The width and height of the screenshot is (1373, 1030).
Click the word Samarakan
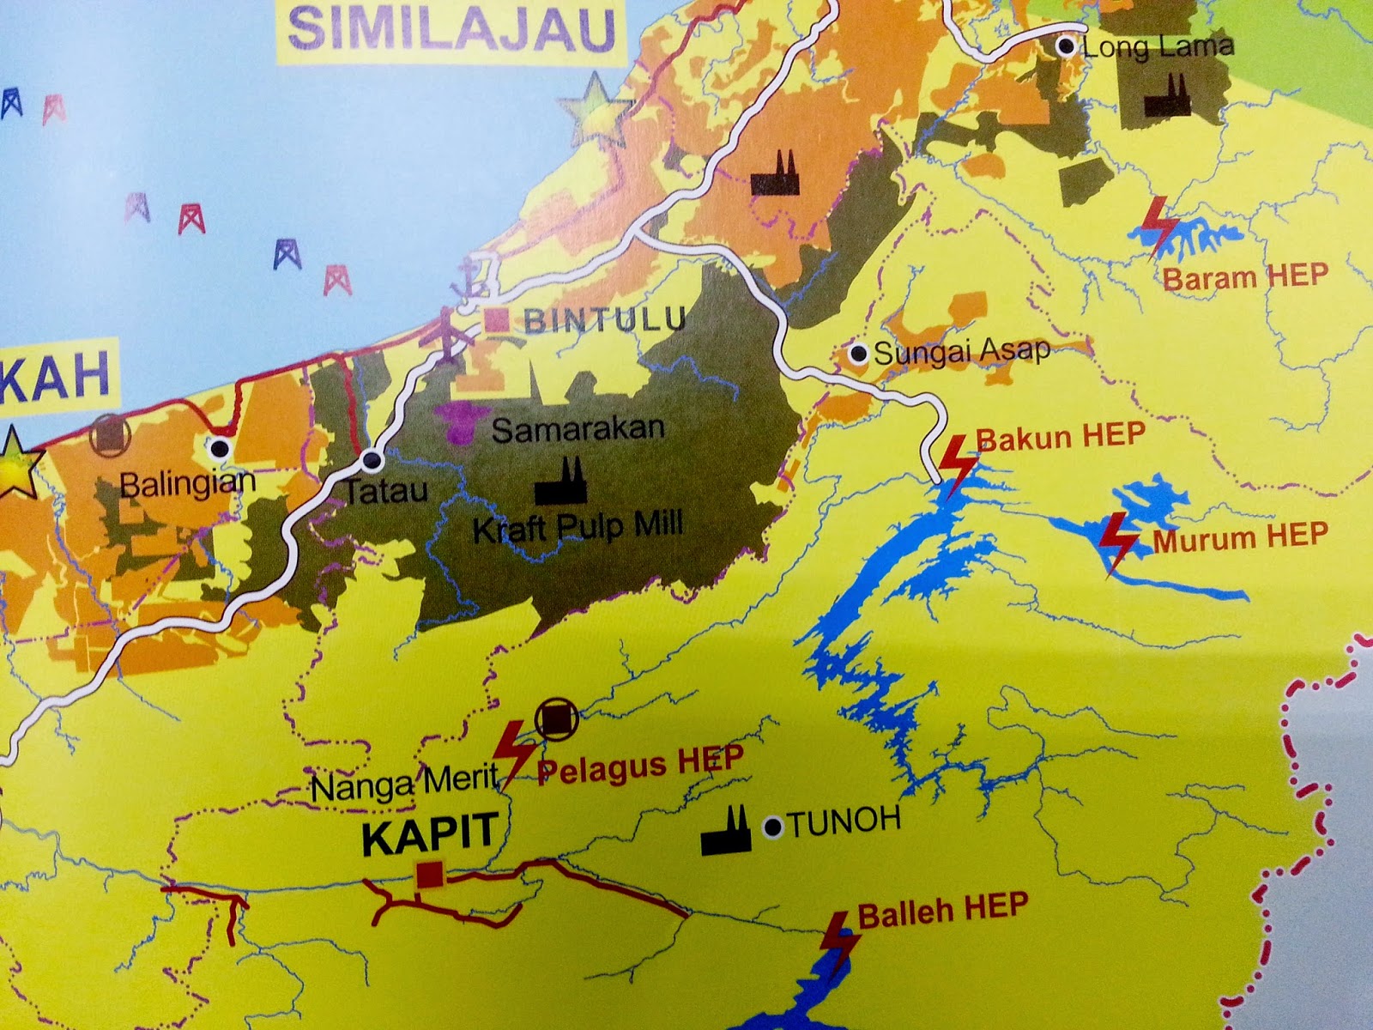(x=578, y=428)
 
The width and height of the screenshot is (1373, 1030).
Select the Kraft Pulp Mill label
(x=578, y=524)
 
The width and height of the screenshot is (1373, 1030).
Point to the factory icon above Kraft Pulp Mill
(x=560, y=483)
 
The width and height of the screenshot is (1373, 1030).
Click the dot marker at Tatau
(x=372, y=461)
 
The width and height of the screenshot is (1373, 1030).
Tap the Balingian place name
(x=187, y=482)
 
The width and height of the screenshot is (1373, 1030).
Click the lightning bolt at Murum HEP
(x=1118, y=542)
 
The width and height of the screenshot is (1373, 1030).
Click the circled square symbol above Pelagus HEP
(x=556, y=720)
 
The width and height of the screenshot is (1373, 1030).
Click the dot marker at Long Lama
(x=1067, y=46)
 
